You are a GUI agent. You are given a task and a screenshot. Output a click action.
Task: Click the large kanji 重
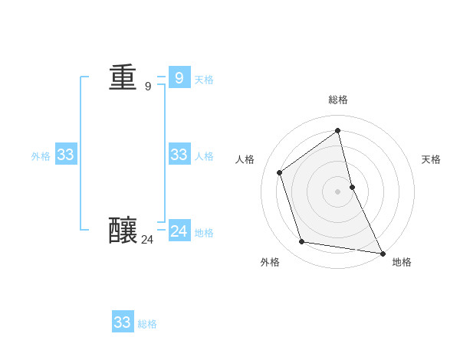tap(123, 78)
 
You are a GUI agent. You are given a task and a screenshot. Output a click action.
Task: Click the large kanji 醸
tap(123, 231)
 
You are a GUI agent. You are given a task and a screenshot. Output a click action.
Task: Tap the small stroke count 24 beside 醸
tap(147, 240)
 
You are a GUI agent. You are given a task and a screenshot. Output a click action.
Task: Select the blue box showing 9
tap(179, 77)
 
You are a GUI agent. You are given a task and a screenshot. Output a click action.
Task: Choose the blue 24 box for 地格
tap(179, 231)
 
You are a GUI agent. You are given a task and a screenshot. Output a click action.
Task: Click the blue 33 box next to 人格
tap(179, 155)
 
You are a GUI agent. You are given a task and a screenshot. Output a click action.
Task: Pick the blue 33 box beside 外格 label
tap(65, 155)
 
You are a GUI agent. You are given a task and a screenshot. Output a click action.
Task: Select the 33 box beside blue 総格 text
tap(123, 322)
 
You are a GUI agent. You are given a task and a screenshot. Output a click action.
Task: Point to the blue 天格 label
tap(204, 80)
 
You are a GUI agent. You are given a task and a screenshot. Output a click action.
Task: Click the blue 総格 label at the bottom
tap(147, 324)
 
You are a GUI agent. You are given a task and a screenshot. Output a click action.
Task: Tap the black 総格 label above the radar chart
tap(338, 100)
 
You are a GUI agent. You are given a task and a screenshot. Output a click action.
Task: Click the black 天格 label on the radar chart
tap(431, 159)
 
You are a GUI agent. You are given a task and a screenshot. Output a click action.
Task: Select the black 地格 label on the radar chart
tap(402, 262)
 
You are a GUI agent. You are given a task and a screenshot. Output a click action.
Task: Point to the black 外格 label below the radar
tap(270, 262)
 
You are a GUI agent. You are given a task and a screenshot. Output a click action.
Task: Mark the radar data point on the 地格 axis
tap(383, 253)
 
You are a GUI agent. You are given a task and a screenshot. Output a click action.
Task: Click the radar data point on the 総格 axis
tap(337, 130)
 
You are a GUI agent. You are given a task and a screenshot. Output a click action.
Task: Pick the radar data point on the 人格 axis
tap(280, 172)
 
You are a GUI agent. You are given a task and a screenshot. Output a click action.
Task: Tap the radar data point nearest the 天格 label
tap(352, 186)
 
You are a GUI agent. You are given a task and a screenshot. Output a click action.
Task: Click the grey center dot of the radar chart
tap(337, 191)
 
